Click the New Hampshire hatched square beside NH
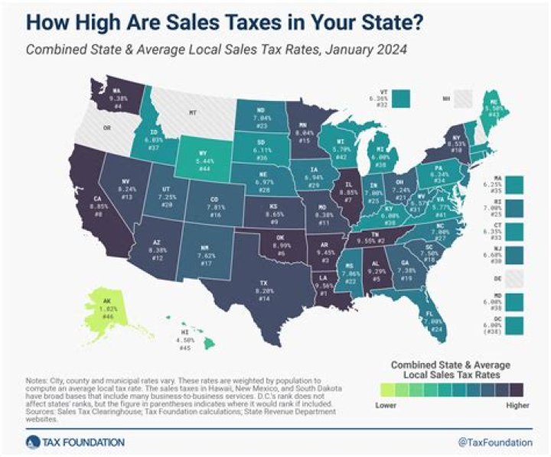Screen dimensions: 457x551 tap(465, 98)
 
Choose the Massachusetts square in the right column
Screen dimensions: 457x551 tap(514, 184)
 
